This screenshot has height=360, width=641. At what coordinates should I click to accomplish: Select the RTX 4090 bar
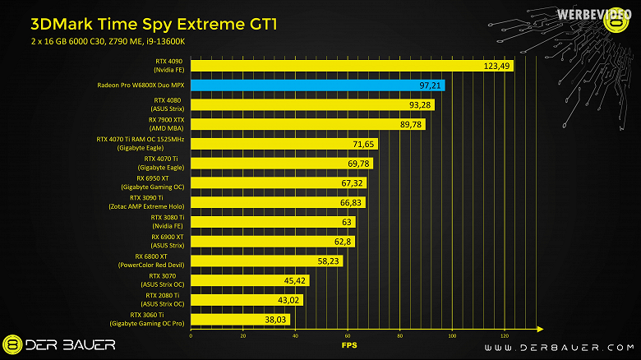point(352,66)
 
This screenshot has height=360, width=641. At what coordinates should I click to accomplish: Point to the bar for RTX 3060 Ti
point(240,318)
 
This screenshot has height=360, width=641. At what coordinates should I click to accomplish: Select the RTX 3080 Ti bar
point(272,221)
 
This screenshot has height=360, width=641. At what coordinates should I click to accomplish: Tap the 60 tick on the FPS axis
point(348,336)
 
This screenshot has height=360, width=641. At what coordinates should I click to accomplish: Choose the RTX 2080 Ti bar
point(247,299)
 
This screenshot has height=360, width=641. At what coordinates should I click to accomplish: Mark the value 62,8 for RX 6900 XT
point(339,241)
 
